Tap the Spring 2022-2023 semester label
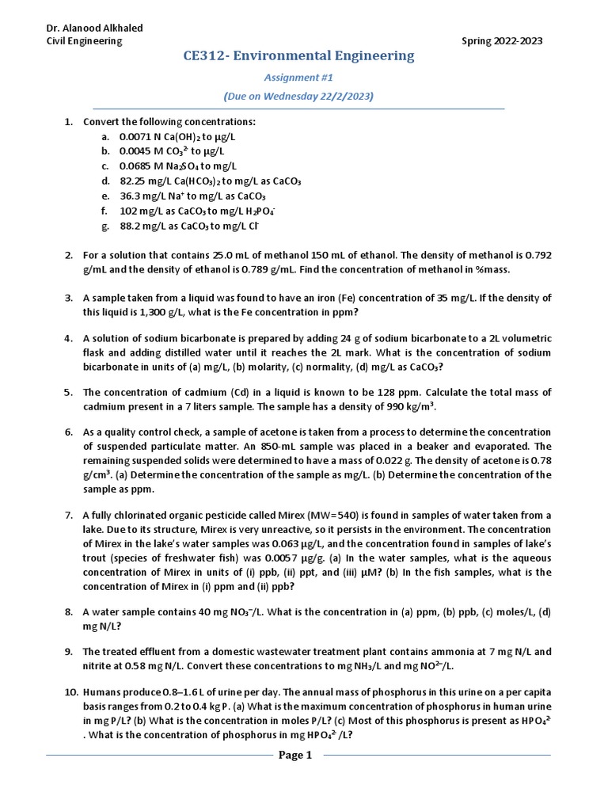coord(502,41)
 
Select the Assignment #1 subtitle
coord(298,78)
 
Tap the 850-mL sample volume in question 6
coord(300,446)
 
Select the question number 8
coord(69,612)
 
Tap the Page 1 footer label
coord(297,755)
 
